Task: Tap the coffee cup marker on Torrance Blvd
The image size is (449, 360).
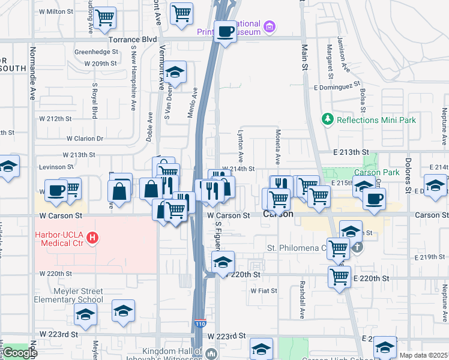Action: click(226, 31)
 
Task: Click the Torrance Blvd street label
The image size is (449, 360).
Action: click(124, 39)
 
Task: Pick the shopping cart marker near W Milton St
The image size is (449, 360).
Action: click(105, 17)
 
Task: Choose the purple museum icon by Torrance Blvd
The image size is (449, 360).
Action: click(270, 26)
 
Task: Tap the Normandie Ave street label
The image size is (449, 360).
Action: click(32, 74)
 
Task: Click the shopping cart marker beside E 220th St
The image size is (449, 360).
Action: click(340, 277)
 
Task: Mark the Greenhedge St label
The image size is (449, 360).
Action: click(96, 52)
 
